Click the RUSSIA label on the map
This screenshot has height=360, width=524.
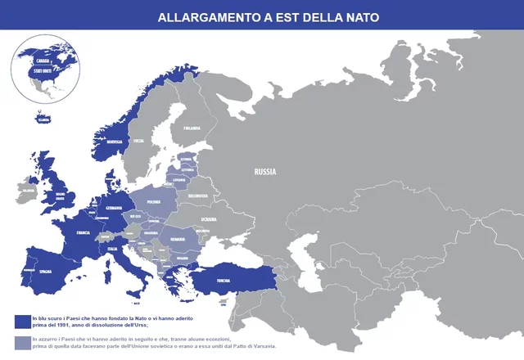pos(264,172)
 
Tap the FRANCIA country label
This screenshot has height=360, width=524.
pos(83,233)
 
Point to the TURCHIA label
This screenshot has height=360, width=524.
pos(223,280)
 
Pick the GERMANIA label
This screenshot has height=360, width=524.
pos(114,208)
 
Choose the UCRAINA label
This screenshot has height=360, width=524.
pos(210,219)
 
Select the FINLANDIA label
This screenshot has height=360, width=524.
pos(192,128)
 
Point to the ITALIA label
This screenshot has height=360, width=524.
pos(113,249)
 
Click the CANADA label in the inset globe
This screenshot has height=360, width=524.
pos(43,61)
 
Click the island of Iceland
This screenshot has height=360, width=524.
pos(43,119)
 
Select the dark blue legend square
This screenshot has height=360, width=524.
pos(20,321)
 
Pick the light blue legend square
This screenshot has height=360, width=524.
pos(20,342)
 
